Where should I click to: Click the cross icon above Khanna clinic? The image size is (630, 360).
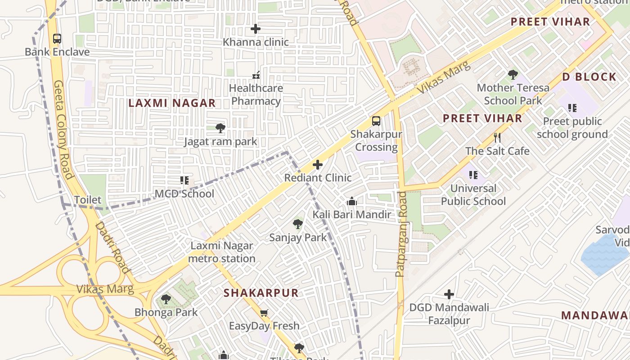pyautogui.click(x=256, y=29)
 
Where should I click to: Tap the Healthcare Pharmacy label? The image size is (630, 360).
pyautogui.click(x=256, y=94)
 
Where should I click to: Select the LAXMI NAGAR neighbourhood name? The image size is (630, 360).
pyautogui.click(x=172, y=103)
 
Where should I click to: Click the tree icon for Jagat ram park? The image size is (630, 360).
pyautogui.click(x=220, y=128)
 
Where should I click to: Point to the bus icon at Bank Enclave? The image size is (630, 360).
pyautogui.click(x=57, y=39)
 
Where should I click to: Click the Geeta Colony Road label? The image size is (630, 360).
pyautogui.click(x=63, y=130)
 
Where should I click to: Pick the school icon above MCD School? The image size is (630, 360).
pyautogui.click(x=184, y=180)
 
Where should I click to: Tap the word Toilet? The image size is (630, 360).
pyautogui.click(x=88, y=200)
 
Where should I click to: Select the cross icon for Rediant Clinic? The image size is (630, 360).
pyautogui.click(x=318, y=165)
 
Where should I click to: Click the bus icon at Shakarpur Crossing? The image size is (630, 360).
pyautogui.click(x=376, y=121)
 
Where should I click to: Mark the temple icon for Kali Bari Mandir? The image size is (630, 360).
pyautogui.click(x=352, y=202)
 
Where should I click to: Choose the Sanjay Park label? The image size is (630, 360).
pyautogui.click(x=298, y=238)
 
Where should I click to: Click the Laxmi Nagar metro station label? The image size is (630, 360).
pyautogui.click(x=222, y=252)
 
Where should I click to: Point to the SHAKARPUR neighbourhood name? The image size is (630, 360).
pyautogui.click(x=261, y=293)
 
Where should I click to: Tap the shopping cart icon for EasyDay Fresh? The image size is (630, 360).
pyautogui.click(x=264, y=313)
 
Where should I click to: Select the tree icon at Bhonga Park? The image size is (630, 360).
pyautogui.click(x=166, y=299)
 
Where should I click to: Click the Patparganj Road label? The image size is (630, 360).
pyautogui.click(x=400, y=234)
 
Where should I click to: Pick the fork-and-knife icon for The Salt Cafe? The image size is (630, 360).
pyautogui.click(x=497, y=138)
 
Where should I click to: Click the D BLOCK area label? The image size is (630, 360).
pyautogui.click(x=589, y=77)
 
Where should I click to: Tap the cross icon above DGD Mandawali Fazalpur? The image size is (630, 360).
pyautogui.click(x=449, y=295)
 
